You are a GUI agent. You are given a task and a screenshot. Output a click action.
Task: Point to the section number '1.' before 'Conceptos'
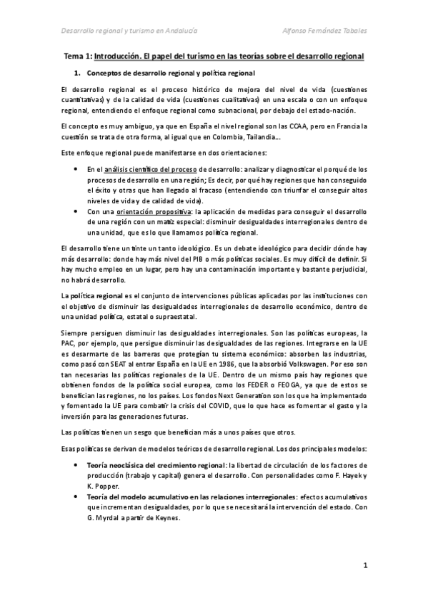click(x=77, y=73)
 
